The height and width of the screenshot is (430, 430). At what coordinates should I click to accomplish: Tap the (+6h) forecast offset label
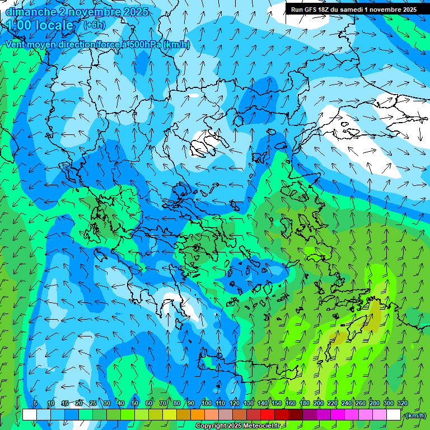pyautogui.click(x=94, y=25)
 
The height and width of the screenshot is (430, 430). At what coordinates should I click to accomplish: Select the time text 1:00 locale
pyautogui.click(x=40, y=26)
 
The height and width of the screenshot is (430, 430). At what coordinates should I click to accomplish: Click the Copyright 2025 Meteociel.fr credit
pyautogui.click(x=238, y=426)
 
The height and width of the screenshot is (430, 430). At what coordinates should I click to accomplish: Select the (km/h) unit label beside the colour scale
pyautogui.click(x=415, y=415)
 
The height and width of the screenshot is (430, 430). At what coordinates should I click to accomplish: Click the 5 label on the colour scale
pyautogui.click(x=35, y=404)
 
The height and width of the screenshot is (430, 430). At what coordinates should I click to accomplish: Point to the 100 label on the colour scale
pyautogui.click(x=206, y=404)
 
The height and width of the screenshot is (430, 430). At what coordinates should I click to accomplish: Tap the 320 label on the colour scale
pyautogui.click(x=402, y=404)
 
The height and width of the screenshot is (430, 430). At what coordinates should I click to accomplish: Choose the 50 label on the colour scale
pyautogui.click(x=134, y=404)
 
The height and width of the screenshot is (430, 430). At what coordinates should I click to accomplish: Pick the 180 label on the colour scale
pyautogui.click(x=304, y=404)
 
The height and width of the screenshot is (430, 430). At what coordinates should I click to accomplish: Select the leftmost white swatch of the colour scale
pyautogui.click(x=30, y=415)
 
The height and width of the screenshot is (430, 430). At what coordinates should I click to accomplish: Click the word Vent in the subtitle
pyautogui.click(x=16, y=45)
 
